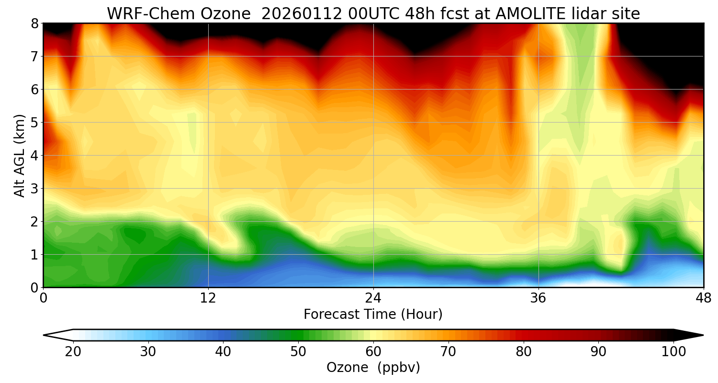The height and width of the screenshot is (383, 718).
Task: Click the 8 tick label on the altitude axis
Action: pyautogui.click(x=34, y=23)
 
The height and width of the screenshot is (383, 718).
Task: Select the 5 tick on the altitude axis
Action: pyautogui.click(x=34, y=122)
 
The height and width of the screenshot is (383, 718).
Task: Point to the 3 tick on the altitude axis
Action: pyautogui.click(x=34, y=188)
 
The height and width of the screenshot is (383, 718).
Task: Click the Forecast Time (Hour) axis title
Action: pyautogui.click(x=373, y=315)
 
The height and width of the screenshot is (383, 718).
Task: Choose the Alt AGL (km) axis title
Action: pyautogui.click(x=20, y=155)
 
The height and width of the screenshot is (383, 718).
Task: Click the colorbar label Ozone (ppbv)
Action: pyautogui.click(x=373, y=368)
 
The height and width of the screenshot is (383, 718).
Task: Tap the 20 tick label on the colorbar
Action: pyautogui.click(x=73, y=352)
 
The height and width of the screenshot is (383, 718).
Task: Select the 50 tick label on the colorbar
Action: pyautogui.click(x=298, y=352)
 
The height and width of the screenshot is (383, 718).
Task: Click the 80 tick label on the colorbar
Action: pyautogui.click(x=523, y=352)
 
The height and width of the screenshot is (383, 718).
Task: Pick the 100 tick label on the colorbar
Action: pyautogui.click(x=673, y=352)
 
